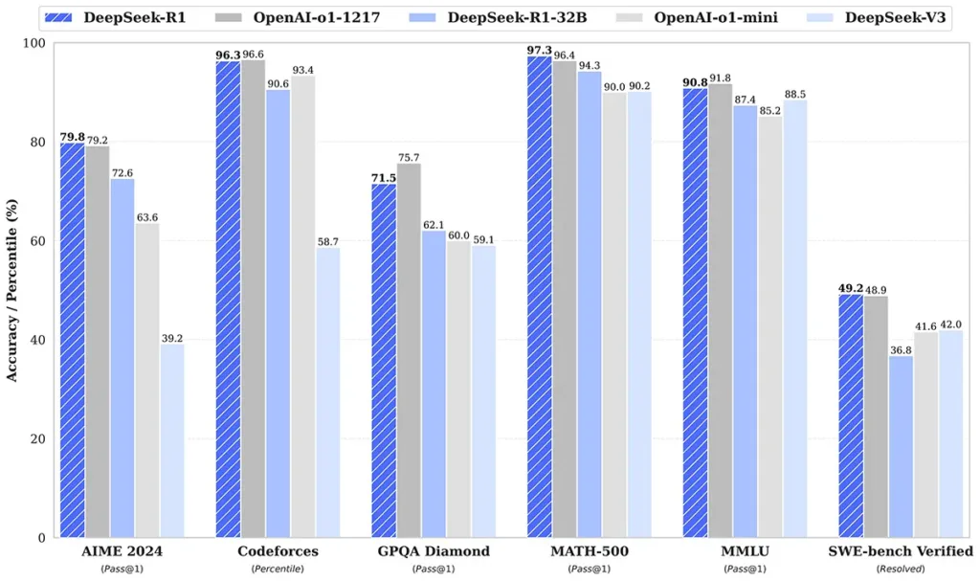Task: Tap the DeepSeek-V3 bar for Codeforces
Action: [x=328, y=392]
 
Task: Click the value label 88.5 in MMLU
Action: [x=795, y=92]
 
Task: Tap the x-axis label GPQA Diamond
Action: [x=433, y=551]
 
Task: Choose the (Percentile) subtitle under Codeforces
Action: [x=277, y=569]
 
